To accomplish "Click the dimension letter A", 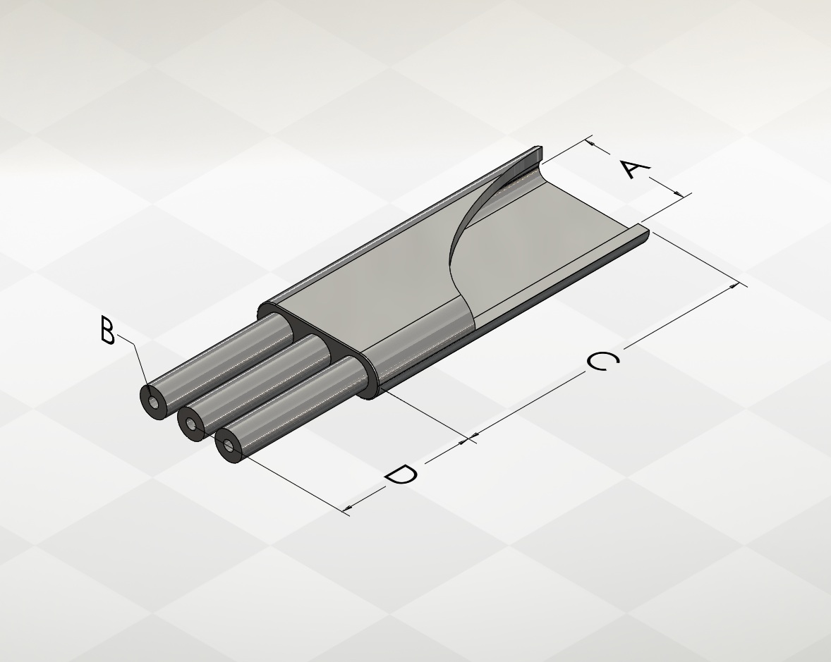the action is tap(634, 169).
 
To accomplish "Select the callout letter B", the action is tap(107, 331).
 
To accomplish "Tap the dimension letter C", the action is tap(603, 362).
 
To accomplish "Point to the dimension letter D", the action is tap(401, 474).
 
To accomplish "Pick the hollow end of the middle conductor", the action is tap(191, 424).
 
